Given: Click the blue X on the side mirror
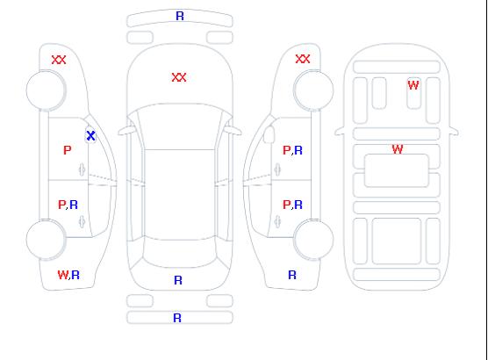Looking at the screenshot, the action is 90,135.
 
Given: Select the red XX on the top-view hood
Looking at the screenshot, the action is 179,77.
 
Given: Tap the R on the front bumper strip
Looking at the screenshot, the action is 180,16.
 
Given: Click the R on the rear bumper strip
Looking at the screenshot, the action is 177,318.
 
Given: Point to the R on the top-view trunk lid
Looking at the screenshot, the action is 178,280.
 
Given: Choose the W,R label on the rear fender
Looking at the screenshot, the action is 68,275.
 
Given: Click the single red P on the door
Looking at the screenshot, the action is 68,150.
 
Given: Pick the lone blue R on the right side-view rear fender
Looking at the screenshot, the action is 292,275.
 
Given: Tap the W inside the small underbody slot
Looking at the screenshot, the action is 413,85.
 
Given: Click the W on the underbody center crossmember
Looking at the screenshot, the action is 398,149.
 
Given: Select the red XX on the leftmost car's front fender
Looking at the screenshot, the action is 59,60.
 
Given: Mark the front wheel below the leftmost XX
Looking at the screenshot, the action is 46,90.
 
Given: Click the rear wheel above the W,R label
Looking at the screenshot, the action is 46,240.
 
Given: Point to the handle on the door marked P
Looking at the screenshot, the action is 82,169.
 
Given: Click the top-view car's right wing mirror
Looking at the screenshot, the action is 233,131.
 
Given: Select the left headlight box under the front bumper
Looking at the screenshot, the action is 140,38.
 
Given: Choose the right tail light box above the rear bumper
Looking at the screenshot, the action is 219,301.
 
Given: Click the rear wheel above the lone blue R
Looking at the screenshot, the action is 313,239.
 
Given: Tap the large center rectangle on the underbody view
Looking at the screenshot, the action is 397,170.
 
